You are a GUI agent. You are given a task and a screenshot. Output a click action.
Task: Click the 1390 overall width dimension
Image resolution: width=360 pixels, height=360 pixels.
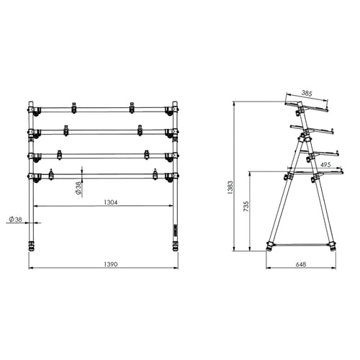(106, 265)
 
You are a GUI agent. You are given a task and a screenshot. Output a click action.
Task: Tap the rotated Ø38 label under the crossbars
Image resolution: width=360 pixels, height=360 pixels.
(78, 188)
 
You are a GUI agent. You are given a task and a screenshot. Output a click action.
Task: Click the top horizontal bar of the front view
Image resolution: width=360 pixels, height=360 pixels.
(101, 109)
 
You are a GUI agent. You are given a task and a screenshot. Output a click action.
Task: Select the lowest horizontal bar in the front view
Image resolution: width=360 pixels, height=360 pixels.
(101, 176)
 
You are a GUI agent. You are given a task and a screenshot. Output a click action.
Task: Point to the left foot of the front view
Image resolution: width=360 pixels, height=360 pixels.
(32, 247)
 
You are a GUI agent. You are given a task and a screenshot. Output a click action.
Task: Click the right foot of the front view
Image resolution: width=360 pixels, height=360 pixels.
(174, 247)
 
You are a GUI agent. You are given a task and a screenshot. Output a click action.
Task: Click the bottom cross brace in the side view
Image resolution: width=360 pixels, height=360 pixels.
(301, 243)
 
